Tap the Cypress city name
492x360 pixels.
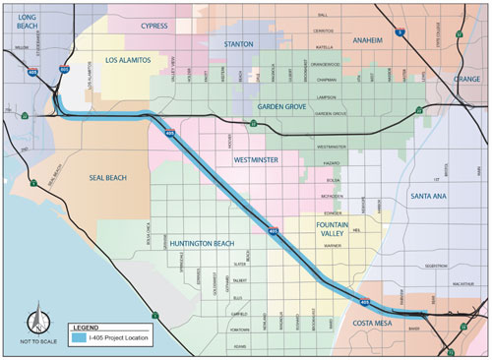coord(154,27)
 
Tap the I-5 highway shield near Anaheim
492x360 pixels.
coord(400,32)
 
